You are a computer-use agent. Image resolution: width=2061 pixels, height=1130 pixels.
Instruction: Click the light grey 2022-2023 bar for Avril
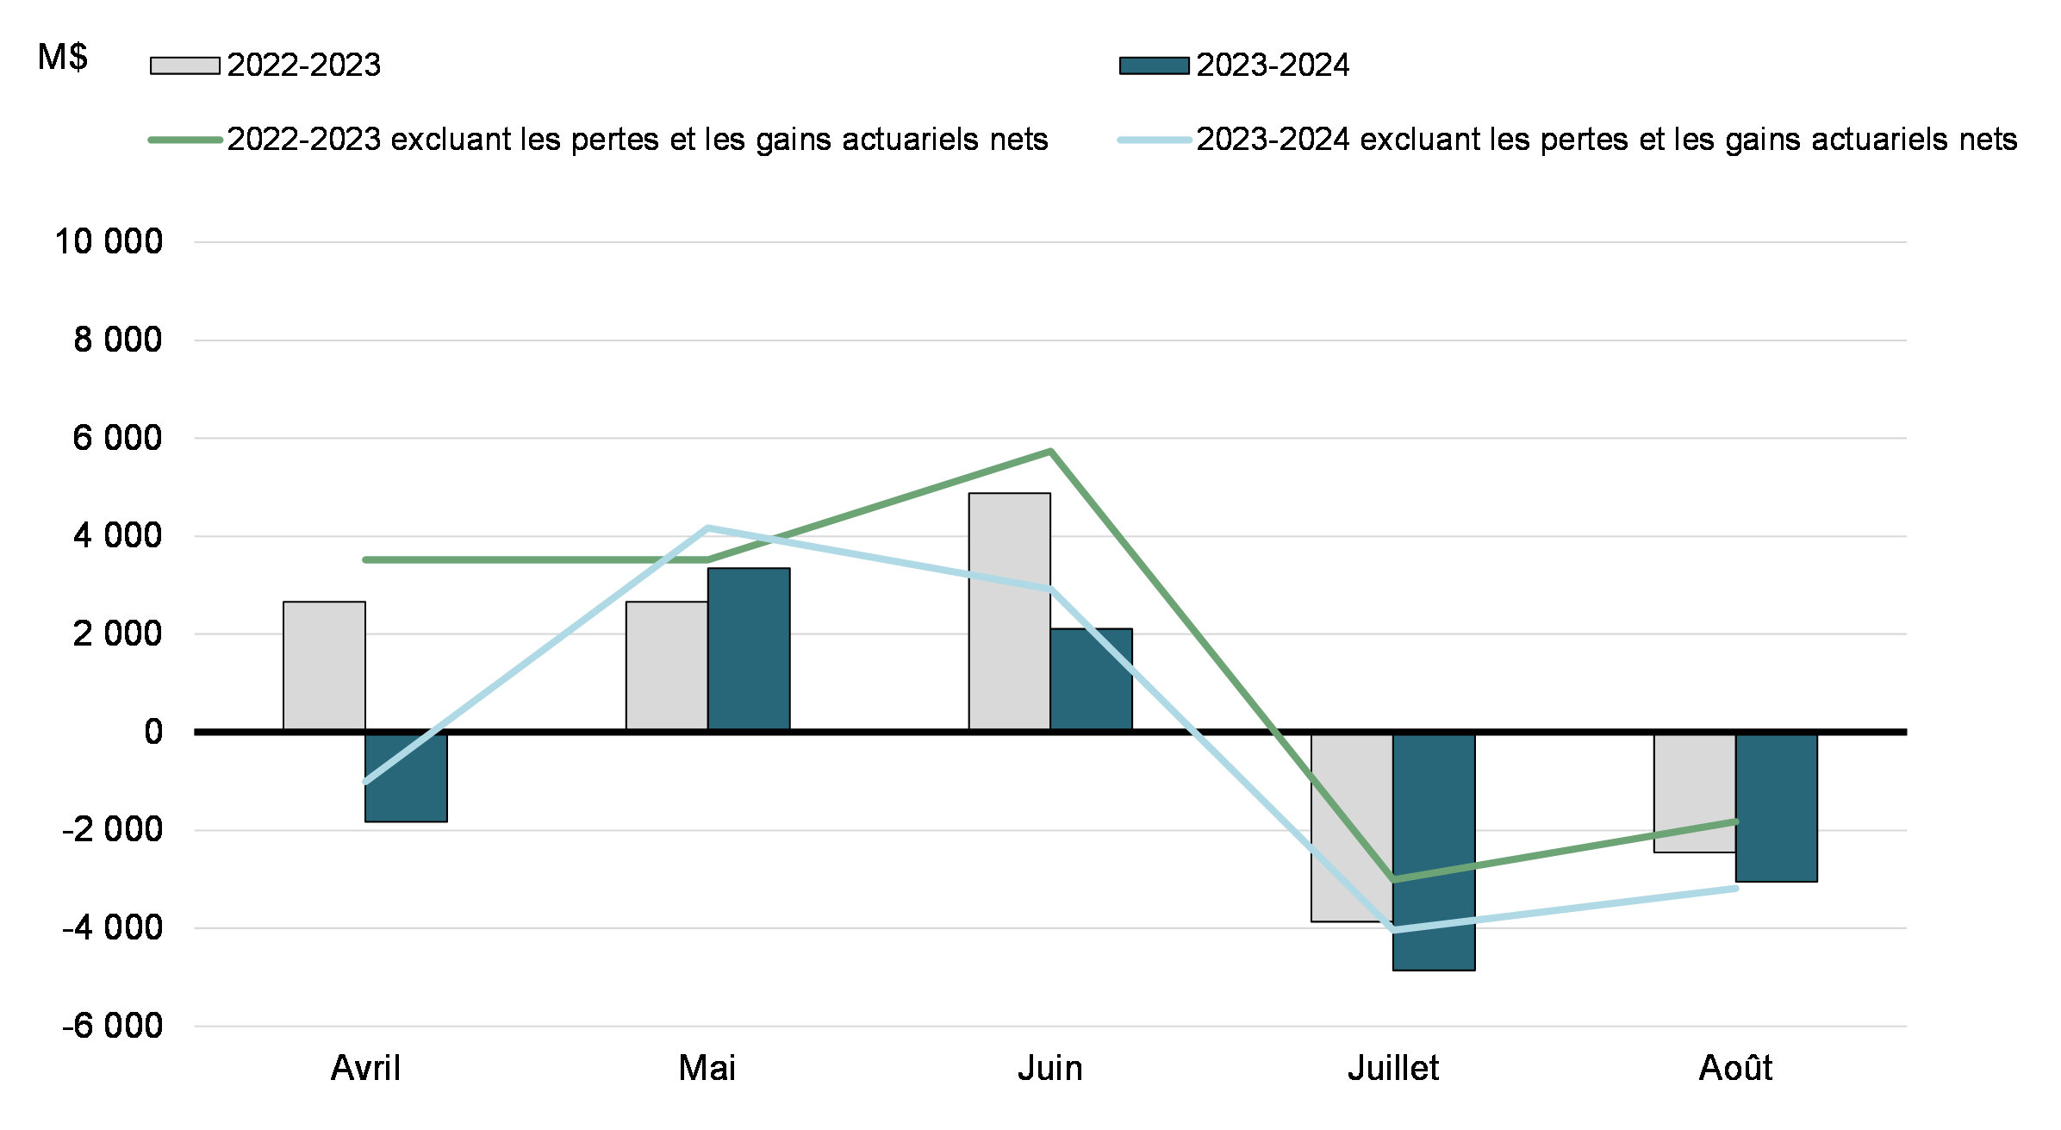click(324, 665)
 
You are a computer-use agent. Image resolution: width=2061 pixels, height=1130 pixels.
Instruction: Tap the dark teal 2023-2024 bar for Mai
click(749, 648)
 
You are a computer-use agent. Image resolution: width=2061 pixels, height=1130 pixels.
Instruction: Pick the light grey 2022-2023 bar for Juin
click(1009, 611)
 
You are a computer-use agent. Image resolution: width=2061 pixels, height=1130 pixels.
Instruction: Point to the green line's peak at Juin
click(1050, 451)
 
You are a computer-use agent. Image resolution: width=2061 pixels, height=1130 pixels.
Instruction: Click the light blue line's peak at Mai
click(707, 528)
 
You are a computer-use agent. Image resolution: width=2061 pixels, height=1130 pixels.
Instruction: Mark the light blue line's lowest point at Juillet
click(1393, 930)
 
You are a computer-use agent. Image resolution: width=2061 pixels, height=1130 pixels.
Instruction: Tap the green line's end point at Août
click(1735, 821)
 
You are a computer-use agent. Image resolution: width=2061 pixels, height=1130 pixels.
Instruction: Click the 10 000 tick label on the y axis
click(109, 241)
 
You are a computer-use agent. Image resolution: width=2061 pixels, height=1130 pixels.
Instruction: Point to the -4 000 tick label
click(112, 928)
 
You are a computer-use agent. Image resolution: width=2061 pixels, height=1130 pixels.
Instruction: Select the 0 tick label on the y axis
click(153, 732)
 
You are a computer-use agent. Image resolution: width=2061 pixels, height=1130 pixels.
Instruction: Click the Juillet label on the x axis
click(1393, 1068)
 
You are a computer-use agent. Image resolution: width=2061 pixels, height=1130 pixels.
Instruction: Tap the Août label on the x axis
click(1735, 1068)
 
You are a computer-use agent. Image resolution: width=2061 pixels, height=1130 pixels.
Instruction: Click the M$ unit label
click(63, 57)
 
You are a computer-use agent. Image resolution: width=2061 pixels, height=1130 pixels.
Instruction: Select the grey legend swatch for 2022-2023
click(184, 66)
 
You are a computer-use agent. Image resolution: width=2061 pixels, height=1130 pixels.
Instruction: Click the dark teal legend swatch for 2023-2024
click(1154, 66)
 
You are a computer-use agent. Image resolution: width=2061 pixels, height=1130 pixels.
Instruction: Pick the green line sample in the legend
click(184, 140)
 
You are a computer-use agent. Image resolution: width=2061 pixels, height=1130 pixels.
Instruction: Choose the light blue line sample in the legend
click(1154, 140)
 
